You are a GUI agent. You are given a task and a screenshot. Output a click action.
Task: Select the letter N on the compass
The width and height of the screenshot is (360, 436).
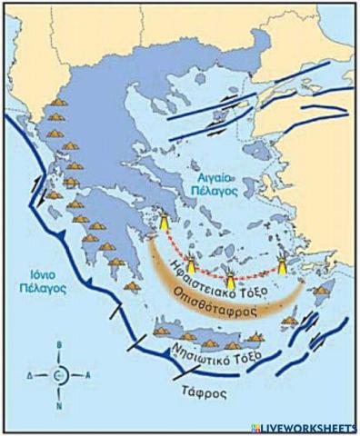tap(59, 404)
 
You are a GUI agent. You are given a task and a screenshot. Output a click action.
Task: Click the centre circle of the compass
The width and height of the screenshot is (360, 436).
tap(59, 374)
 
